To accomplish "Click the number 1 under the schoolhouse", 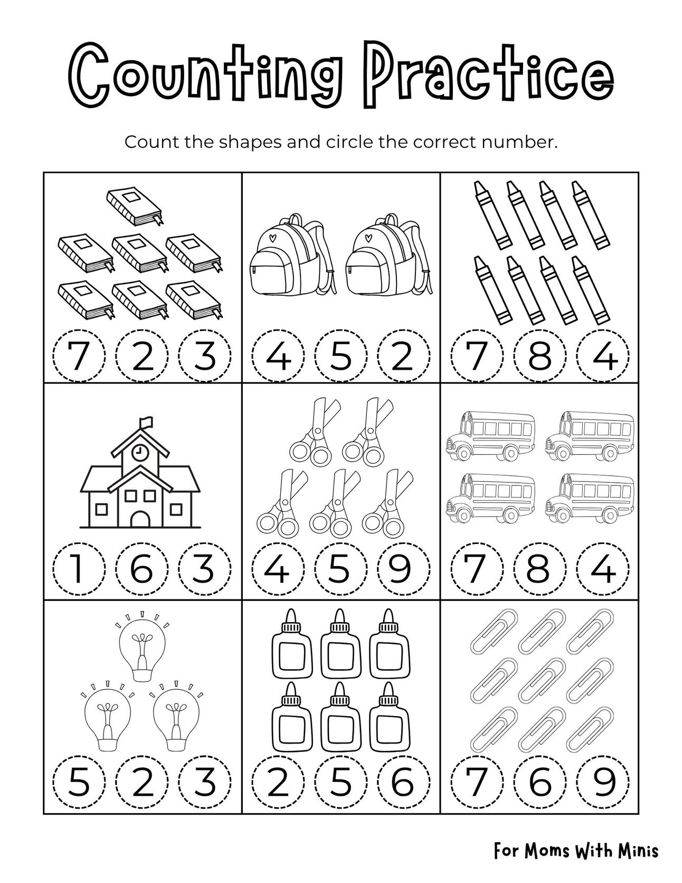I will [x=79, y=569].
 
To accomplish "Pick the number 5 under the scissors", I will [x=341, y=569].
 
